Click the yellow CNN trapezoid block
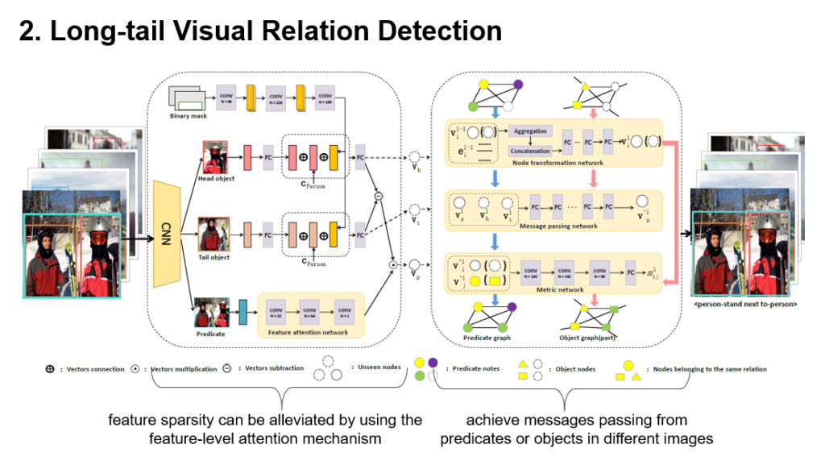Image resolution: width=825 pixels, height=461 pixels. (x=167, y=234)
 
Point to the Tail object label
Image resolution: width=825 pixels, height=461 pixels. (x=214, y=257)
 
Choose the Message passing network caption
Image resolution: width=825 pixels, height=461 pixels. (x=560, y=226)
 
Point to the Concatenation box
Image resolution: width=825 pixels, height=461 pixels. (x=530, y=151)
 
